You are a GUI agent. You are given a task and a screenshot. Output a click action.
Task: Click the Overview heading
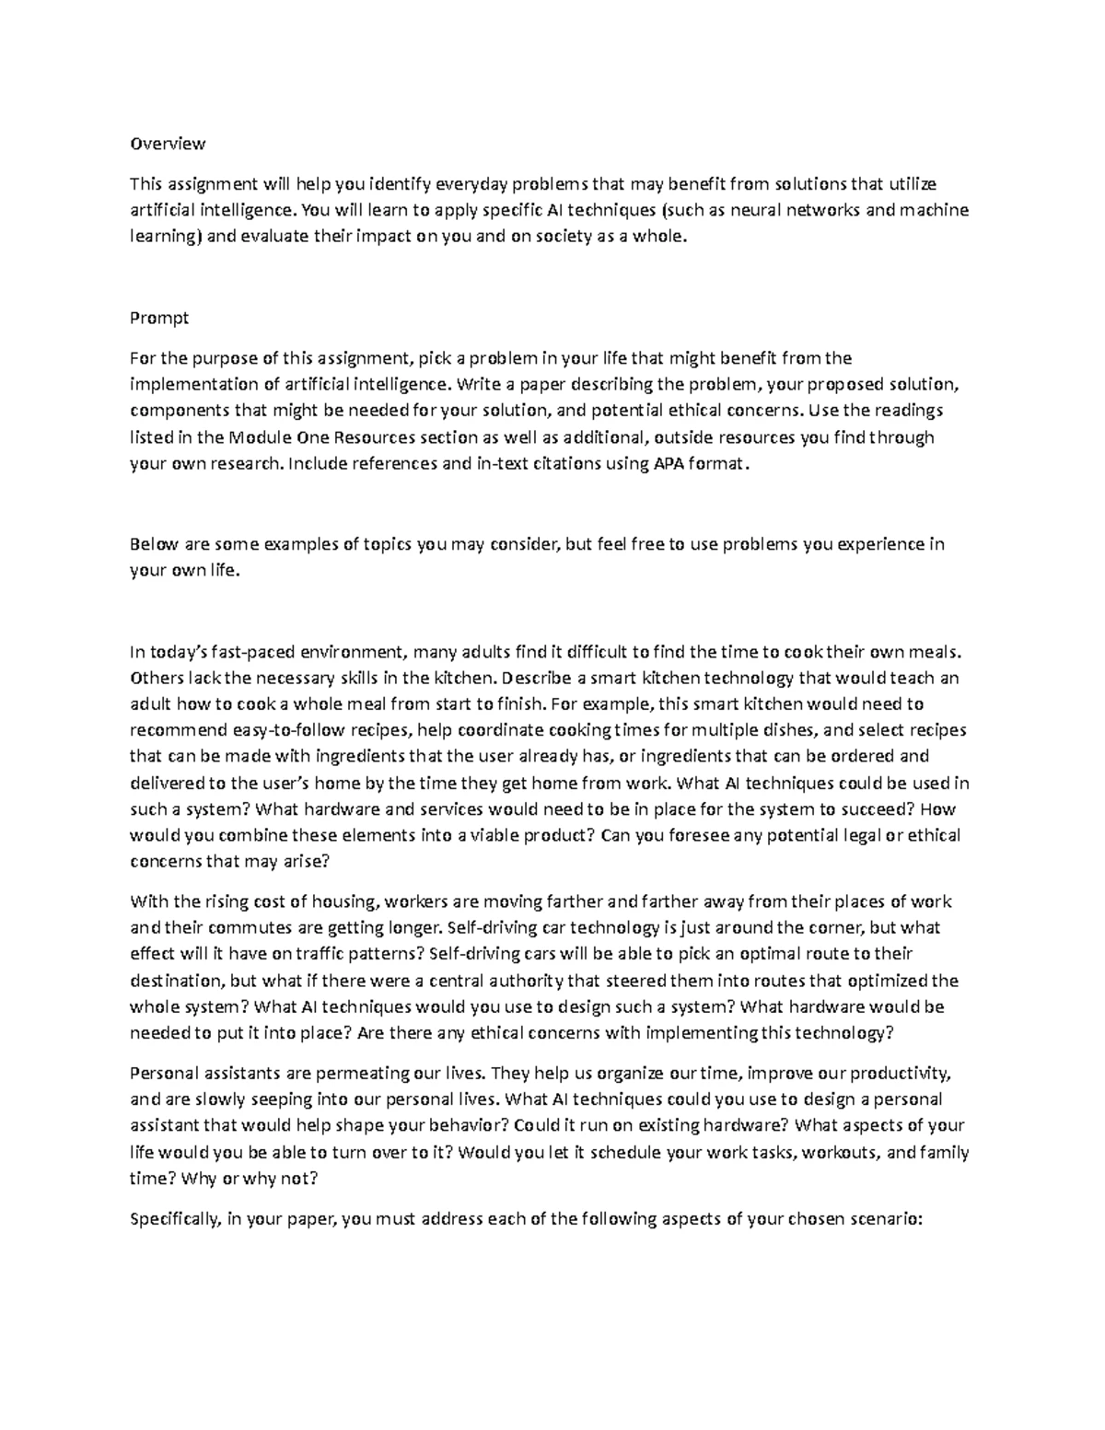(168, 144)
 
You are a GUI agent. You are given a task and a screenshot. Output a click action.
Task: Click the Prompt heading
(159, 318)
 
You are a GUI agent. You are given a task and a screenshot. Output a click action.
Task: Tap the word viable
(494, 835)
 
